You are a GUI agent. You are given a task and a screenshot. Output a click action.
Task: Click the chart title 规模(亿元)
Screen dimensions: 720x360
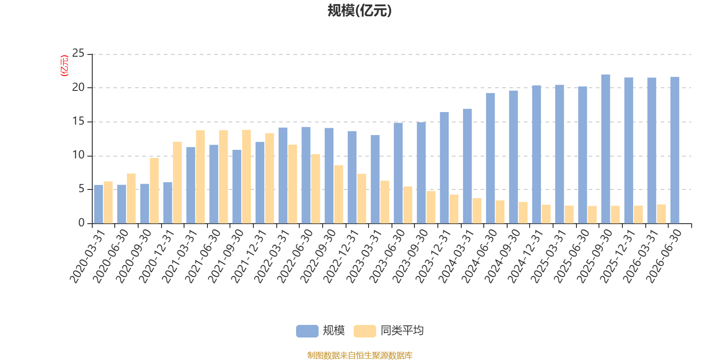pos(360,11)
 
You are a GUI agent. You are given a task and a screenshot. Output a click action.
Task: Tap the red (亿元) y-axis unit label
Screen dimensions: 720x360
pos(64,66)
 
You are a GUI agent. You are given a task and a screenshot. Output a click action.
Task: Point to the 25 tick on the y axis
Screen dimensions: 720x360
pos(78,53)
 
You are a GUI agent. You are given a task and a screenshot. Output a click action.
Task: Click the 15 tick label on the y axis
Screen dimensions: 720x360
pos(78,121)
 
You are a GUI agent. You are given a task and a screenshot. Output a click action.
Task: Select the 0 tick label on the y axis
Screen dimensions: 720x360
pos(81,223)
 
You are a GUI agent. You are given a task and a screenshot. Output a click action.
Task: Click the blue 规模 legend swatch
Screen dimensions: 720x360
pos(307,331)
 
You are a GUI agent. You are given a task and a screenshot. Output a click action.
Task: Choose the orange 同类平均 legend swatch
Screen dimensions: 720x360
pos(365,331)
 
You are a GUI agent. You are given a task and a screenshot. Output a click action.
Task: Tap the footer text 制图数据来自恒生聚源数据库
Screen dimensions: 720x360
pos(360,355)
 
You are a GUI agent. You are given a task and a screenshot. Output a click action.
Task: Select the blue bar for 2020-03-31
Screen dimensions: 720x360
pos(99,204)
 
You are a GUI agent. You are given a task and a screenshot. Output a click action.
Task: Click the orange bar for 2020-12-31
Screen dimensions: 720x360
pos(177,183)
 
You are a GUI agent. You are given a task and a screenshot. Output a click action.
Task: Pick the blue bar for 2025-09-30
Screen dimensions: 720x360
pos(606,149)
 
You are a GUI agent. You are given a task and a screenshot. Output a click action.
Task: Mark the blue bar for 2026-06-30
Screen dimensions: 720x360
pos(675,150)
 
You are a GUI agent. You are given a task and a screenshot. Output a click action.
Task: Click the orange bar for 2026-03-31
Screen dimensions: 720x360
pos(661,214)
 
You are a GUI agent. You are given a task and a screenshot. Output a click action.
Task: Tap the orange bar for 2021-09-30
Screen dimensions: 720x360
pos(246,176)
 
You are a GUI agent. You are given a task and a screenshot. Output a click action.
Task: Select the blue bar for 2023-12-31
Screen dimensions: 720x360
pos(444,168)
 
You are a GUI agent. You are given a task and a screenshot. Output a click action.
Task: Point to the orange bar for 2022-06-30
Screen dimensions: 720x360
pos(315,189)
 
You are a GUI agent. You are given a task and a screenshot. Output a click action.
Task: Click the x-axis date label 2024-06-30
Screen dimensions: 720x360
pos(479,256)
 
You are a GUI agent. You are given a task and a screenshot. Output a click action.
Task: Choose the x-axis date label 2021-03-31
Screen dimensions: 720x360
pos(180,256)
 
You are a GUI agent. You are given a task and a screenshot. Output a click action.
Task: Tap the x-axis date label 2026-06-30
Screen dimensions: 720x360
pos(664,256)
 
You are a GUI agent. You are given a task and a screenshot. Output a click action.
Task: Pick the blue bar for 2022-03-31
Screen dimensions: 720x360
pos(283,175)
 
